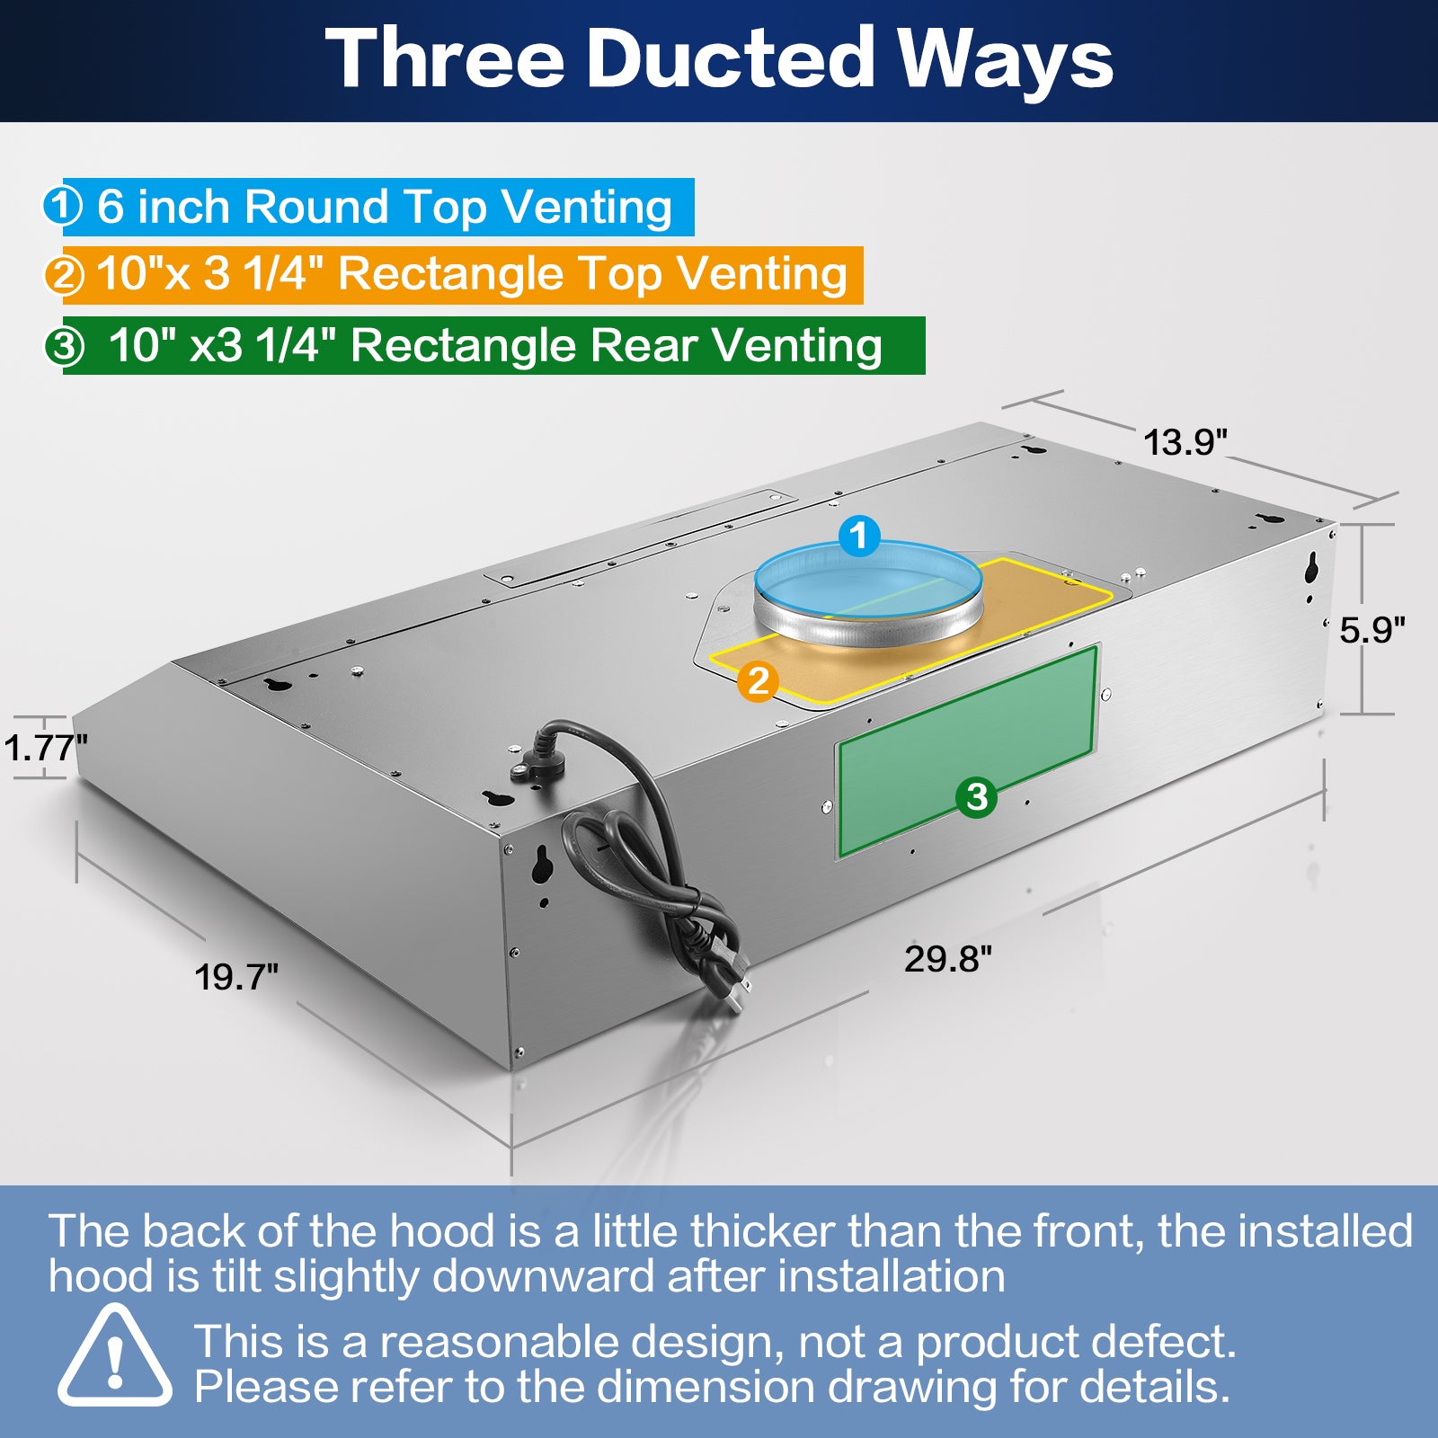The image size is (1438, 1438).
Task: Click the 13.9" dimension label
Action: (1185, 442)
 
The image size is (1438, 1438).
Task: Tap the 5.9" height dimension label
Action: (1371, 630)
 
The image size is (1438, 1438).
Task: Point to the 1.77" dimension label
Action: (45, 747)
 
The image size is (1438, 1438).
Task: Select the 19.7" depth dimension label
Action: (236, 977)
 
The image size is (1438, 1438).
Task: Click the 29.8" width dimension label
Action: (948, 959)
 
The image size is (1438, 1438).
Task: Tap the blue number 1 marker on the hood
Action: (859, 536)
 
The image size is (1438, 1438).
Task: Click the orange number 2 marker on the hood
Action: (758, 681)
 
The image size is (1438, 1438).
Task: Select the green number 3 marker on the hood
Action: (976, 796)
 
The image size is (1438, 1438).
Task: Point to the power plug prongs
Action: (739, 989)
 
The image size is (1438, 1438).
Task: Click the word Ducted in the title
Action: (730, 59)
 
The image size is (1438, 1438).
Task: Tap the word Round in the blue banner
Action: (315, 207)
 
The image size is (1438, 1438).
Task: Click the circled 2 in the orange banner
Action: (64, 275)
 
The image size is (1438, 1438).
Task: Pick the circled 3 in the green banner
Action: (65, 345)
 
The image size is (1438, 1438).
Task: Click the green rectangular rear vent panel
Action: (968, 750)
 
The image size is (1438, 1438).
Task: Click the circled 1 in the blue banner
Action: (63, 206)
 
